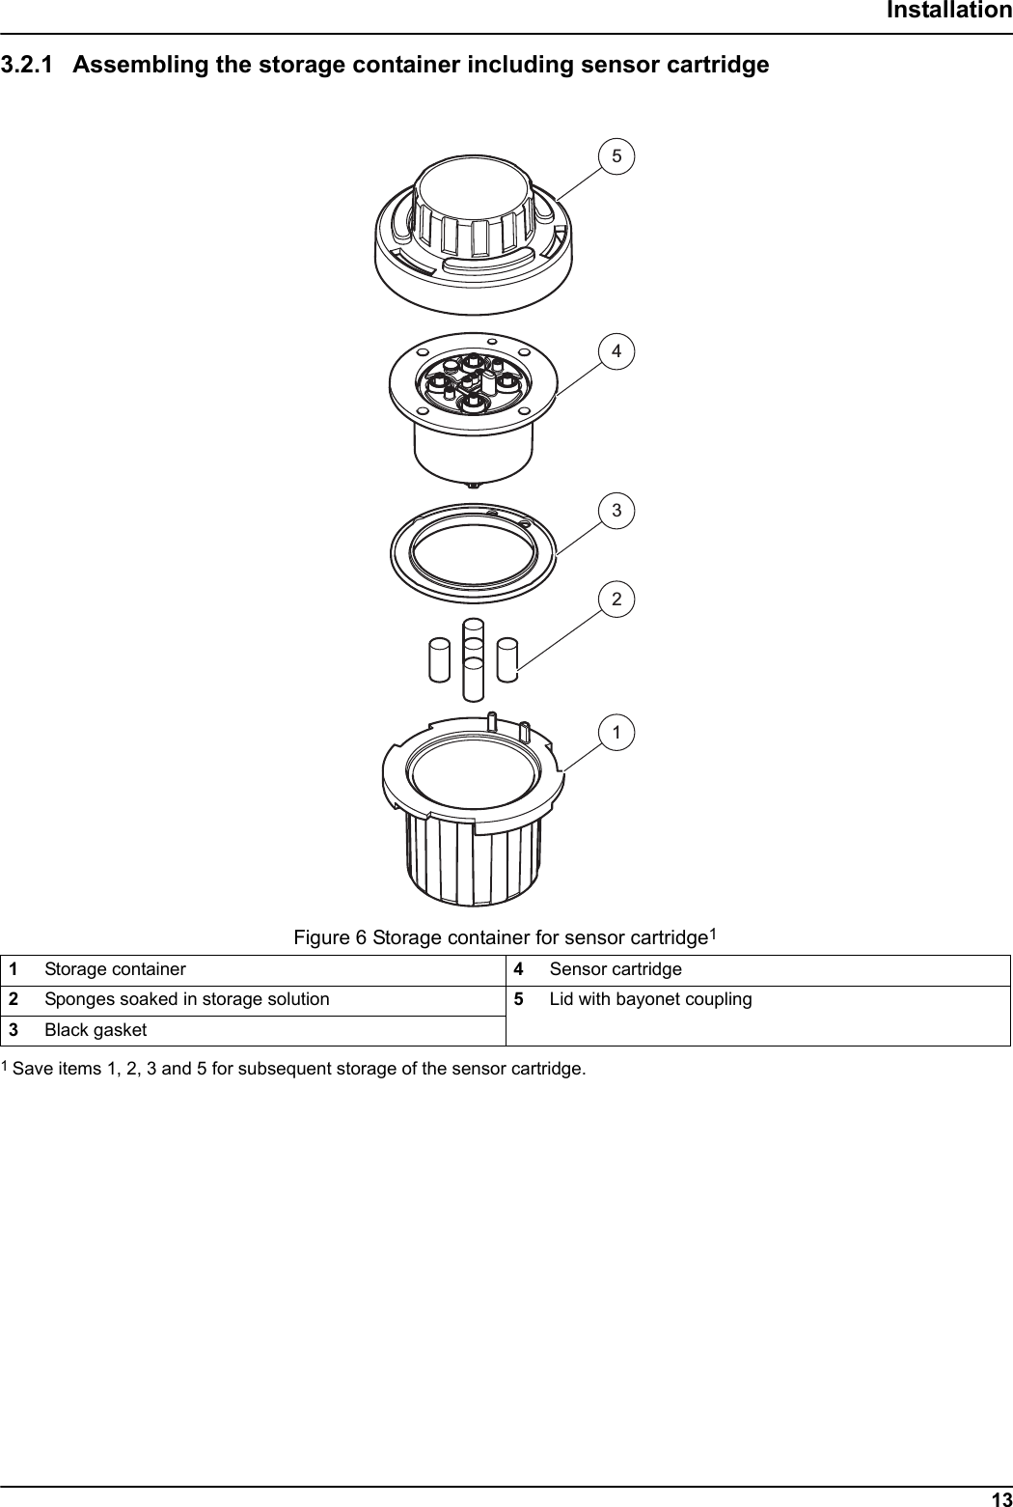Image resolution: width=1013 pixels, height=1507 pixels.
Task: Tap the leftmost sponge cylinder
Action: coord(439,661)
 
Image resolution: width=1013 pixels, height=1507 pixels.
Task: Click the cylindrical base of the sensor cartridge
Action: coord(473,454)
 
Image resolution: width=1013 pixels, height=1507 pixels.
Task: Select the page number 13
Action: coord(1000,1498)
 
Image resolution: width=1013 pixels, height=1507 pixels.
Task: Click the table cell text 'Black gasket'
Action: coord(96,1030)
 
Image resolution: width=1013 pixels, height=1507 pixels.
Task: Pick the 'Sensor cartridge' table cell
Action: coord(616,969)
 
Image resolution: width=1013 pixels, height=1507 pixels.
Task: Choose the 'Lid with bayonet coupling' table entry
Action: coord(650,999)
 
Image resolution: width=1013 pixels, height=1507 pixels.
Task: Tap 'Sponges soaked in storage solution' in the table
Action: coord(186,999)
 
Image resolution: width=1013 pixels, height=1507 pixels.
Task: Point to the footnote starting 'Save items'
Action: coord(299,1070)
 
